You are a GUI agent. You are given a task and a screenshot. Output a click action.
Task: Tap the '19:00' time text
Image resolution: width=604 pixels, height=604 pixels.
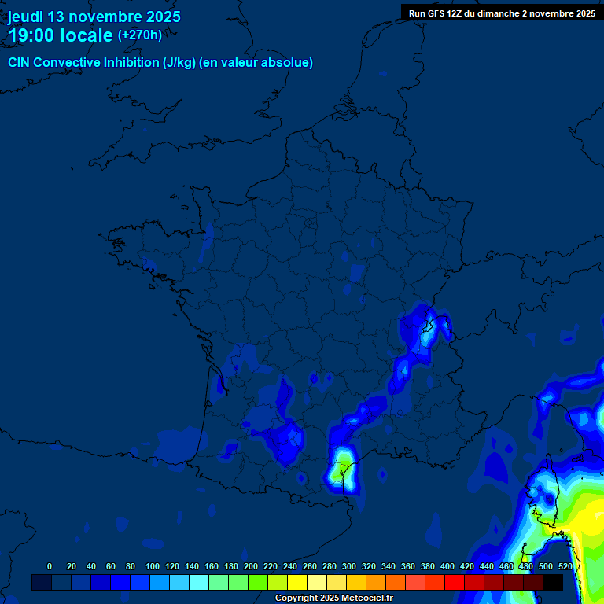pos(32,36)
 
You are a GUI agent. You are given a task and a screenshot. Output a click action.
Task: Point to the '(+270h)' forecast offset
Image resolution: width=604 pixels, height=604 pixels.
pos(140,35)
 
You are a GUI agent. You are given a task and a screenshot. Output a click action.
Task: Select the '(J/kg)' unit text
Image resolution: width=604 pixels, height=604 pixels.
pos(179,63)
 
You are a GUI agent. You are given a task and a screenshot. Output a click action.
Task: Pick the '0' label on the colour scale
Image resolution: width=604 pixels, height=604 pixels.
pos(50,567)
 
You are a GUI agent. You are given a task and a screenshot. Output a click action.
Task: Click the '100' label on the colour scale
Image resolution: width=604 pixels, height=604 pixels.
pos(153,567)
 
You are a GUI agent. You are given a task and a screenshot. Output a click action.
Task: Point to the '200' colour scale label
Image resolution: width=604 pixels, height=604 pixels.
pos(251,567)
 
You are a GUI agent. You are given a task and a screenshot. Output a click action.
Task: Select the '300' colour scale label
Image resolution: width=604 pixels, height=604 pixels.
pos(349,567)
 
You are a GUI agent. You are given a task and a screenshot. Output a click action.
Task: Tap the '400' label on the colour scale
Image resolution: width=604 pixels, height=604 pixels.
pos(447,567)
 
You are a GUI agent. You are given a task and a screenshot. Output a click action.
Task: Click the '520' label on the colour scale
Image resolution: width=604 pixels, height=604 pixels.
pos(565,567)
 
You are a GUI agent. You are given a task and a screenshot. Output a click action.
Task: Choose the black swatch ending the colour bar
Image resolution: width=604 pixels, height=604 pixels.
pos(553,582)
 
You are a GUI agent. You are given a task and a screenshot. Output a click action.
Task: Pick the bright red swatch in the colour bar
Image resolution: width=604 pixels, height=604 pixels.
pos(455,582)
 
